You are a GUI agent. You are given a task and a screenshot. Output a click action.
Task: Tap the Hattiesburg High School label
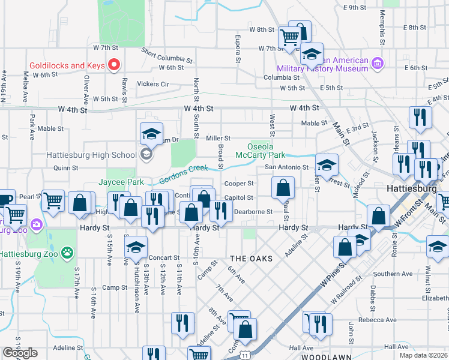pyautogui.click(x=92, y=155)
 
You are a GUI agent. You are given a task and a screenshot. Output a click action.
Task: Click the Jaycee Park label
pyautogui.click(x=122, y=181)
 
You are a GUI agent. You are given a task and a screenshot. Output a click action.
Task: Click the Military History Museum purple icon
pyautogui.click(x=378, y=62)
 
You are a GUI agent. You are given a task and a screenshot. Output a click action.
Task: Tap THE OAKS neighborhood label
pyautogui.click(x=252, y=258)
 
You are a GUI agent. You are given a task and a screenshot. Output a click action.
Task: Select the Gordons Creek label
pyautogui.click(x=183, y=174)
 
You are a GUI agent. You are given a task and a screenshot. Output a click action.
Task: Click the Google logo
pyautogui.click(x=20, y=353)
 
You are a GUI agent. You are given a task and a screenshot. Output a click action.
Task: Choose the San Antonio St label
pyautogui.click(x=286, y=167)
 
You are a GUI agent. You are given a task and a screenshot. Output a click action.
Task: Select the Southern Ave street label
pyautogui.click(x=393, y=274)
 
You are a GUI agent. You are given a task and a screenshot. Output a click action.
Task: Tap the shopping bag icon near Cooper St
pyautogui.click(x=283, y=188)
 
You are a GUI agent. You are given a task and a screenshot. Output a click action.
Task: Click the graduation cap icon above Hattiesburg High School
pyautogui.click(x=151, y=134)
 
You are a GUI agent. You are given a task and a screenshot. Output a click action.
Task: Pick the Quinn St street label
pyautogui.click(x=66, y=169)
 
